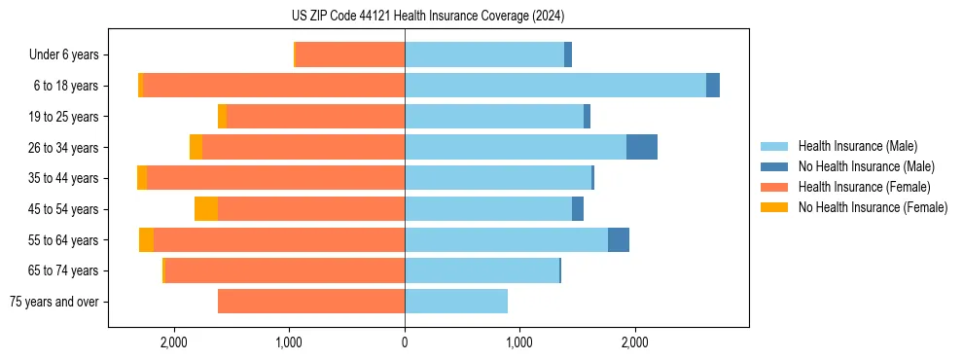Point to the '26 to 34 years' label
coord(63,147)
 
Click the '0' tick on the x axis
coord(405,342)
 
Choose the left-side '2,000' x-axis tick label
coord(174,342)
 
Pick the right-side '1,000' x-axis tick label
coord(519,342)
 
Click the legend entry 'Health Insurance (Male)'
coord(857,146)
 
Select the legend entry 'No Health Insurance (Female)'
coord(873,207)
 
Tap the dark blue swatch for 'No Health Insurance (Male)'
coord(774,166)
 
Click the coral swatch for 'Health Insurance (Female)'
coord(774,187)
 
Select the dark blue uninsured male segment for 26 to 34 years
coord(642,147)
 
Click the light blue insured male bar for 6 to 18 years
coord(554,86)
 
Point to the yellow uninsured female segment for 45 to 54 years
coord(206,209)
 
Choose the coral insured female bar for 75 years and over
coord(311,302)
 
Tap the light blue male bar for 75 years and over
coord(455,302)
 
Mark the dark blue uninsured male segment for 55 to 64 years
coord(619,239)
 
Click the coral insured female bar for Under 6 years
coord(350,54)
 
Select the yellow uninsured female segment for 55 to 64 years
coord(146,239)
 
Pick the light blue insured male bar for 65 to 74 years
coord(481,270)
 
